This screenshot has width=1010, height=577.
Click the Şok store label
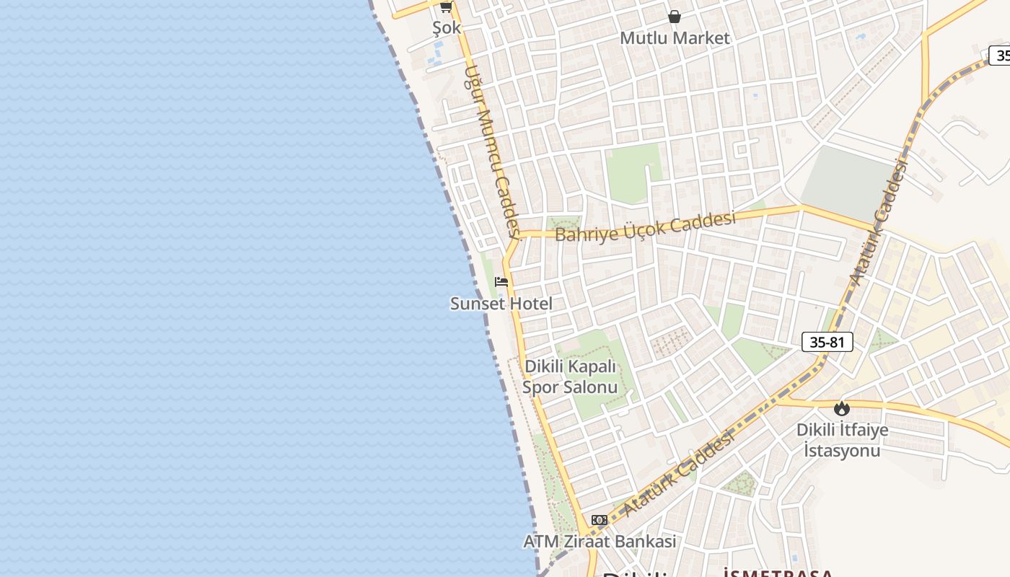click(447, 28)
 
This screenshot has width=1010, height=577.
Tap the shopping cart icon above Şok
click(446, 6)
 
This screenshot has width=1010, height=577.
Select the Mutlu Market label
click(675, 38)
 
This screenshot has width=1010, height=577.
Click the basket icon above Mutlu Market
click(675, 16)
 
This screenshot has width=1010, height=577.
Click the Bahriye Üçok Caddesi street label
click(645, 226)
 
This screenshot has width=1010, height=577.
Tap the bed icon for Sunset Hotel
click(501, 282)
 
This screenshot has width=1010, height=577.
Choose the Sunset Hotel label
click(501, 304)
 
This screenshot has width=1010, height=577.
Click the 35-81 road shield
click(827, 342)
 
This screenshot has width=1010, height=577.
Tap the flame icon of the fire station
click(841, 409)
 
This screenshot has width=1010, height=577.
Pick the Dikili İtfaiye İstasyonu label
click(842, 440)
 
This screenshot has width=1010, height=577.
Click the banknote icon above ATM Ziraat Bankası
click(600, 520)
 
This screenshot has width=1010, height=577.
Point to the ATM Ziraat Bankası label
click(600, 541)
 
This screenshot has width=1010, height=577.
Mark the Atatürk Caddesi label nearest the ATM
click(678, 473)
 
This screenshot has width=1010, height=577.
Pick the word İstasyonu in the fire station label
click(842, 451)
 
